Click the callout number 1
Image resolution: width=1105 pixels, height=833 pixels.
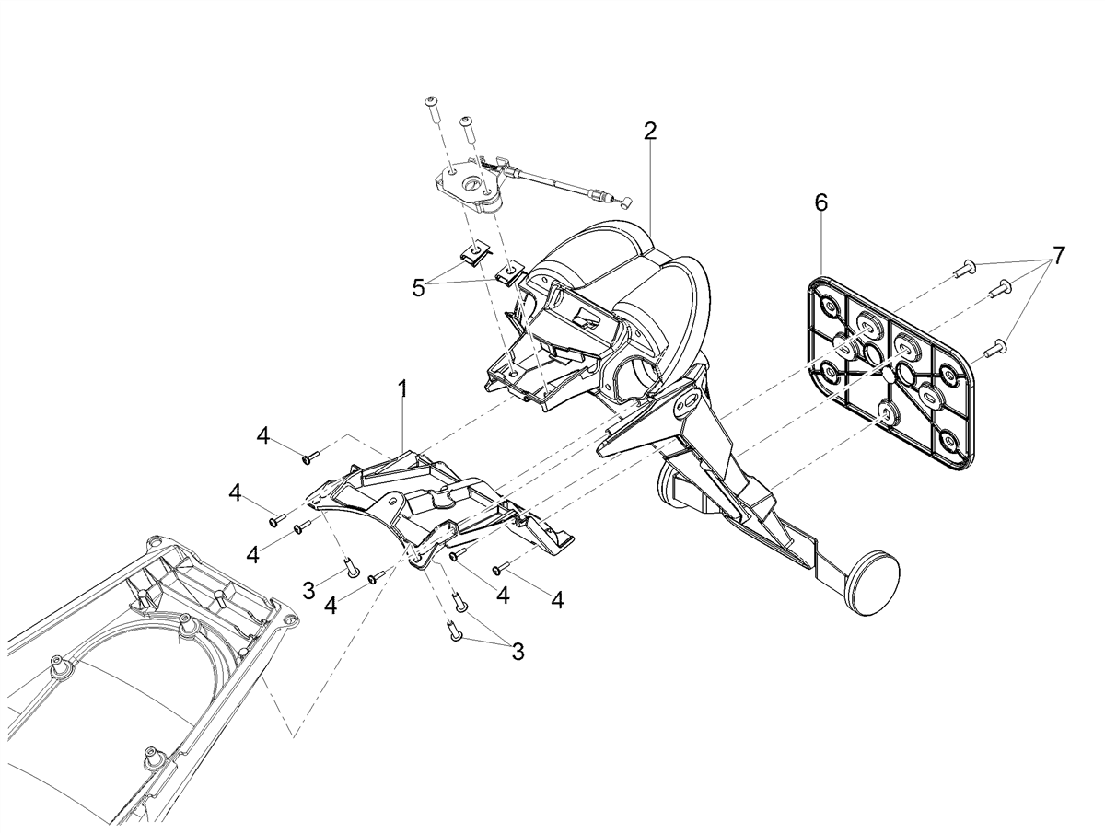pos(402,389)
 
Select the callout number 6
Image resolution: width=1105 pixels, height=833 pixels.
pos(820,202)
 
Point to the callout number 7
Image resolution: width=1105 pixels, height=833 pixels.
pos(1059,256)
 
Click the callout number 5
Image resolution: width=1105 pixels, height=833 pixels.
pos(418,289)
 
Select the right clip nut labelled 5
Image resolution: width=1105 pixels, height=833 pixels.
pos(509,274)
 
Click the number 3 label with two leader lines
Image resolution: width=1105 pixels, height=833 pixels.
pos(518,652)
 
